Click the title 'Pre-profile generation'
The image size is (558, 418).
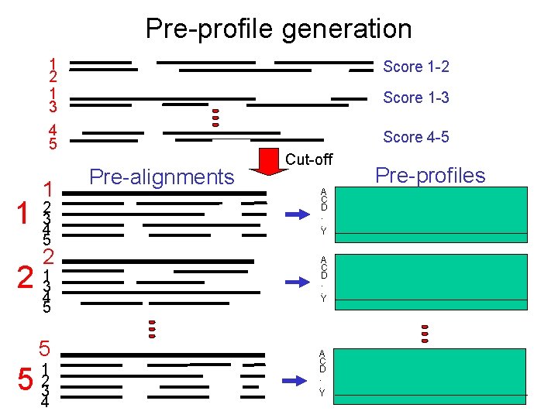[278, 29]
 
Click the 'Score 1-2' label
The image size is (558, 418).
[416, 67]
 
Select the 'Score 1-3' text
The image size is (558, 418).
[416, 98]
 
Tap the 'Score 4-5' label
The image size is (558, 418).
[416, 138]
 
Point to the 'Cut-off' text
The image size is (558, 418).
[308, 159]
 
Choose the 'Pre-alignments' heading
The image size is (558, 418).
[162, 177]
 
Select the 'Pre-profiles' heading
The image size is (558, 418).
[431, 175]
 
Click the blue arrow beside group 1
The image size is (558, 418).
[296, 214]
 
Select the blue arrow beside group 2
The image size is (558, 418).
[296, 283]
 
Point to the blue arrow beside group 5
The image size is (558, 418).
[296, 380]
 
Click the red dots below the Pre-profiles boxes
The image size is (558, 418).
[425, 332]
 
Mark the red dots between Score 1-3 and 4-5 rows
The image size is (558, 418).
[216, 117]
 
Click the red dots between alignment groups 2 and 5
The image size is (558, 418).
[153, 329]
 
